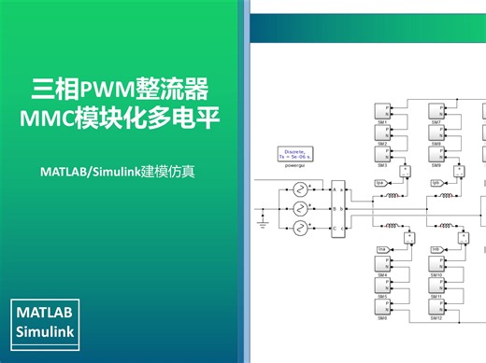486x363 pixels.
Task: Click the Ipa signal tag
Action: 379,183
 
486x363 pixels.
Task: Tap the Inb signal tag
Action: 436,249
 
